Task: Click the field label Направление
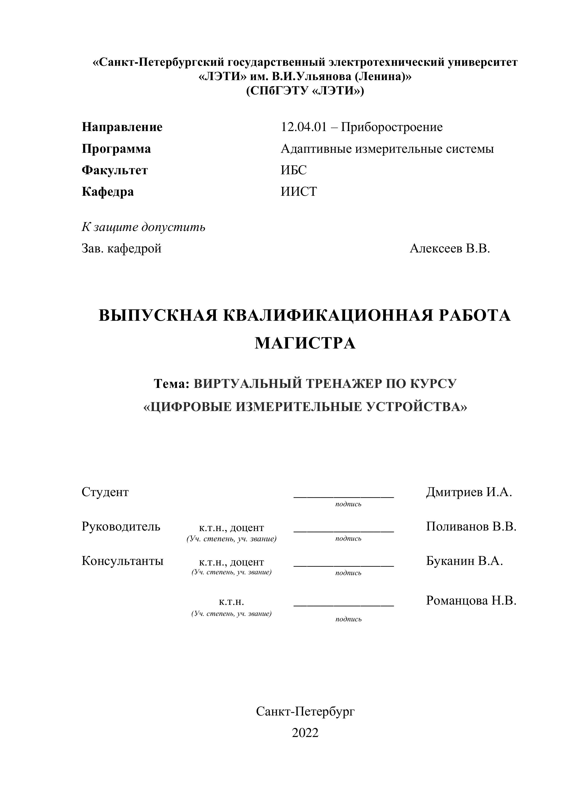click(122, 127)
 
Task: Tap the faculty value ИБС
click(294, 170)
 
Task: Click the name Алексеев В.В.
click(450, 248)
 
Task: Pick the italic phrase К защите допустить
click(143, 227)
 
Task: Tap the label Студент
click(105, 492)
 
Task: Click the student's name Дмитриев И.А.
click(469, 492)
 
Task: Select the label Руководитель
click(121, 526)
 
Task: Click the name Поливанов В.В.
click(471, 526)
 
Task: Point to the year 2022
click(305, 733)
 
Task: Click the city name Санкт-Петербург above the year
click(305, 711)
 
